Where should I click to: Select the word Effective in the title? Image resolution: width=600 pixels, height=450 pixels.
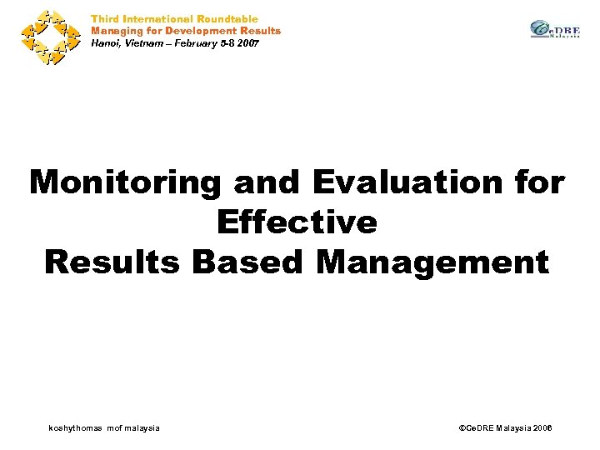pyautogui.click(x=297, y=222)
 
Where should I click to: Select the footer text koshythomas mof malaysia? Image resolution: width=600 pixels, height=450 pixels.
pyautogui.click(x=105, y=427)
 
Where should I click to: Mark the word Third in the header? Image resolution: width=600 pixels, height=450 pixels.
pyautogui.click(x=104, y=18)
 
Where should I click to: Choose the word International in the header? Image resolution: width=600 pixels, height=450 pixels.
pyautogui.click(x=157, y=18)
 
